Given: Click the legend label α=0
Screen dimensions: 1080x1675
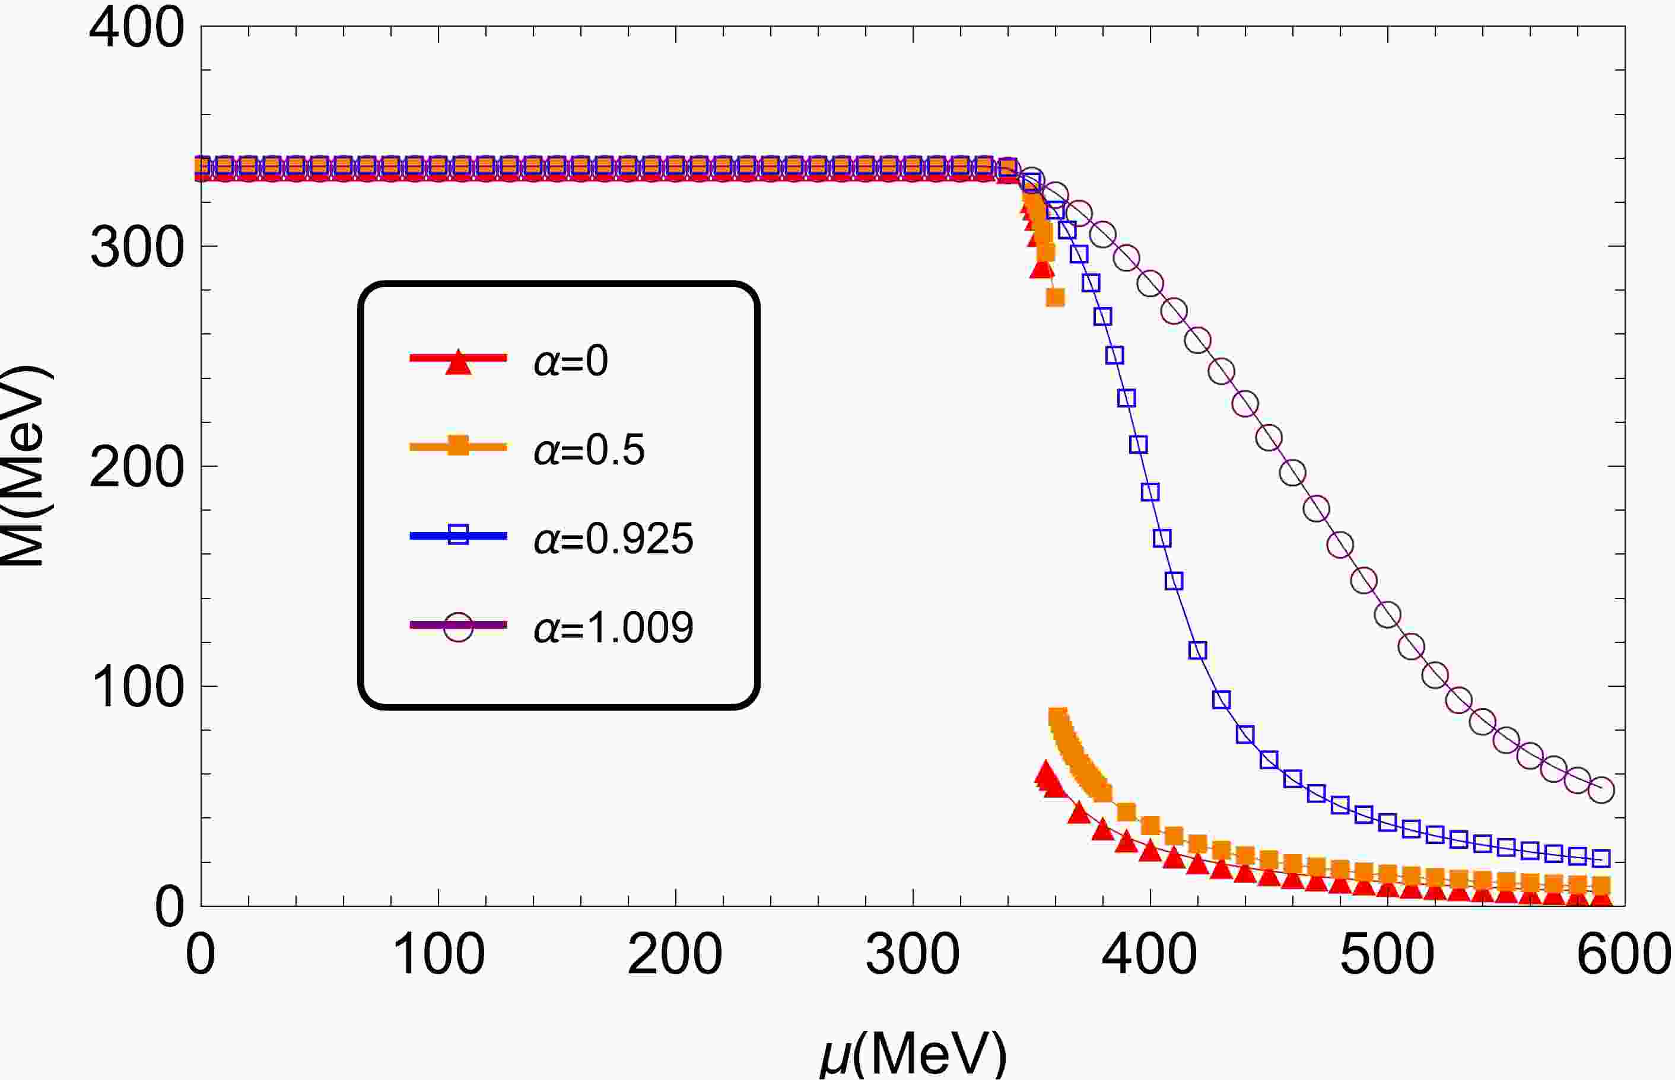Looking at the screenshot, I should coord(570,362).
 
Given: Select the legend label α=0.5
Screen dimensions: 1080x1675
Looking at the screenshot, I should coord(589,450).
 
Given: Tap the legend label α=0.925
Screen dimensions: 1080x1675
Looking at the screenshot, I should coord(613,539).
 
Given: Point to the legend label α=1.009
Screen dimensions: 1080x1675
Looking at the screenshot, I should coord(613,627).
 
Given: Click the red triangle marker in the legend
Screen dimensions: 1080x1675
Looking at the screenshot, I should coord(458,362).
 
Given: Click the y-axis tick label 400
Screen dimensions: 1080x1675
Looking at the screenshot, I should coord(138,30).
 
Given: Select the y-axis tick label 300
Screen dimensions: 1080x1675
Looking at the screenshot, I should coord(138,249).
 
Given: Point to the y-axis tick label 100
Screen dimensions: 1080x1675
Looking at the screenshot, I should coord(138,688).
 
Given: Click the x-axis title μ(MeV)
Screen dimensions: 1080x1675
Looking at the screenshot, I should coord(913,1054).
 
